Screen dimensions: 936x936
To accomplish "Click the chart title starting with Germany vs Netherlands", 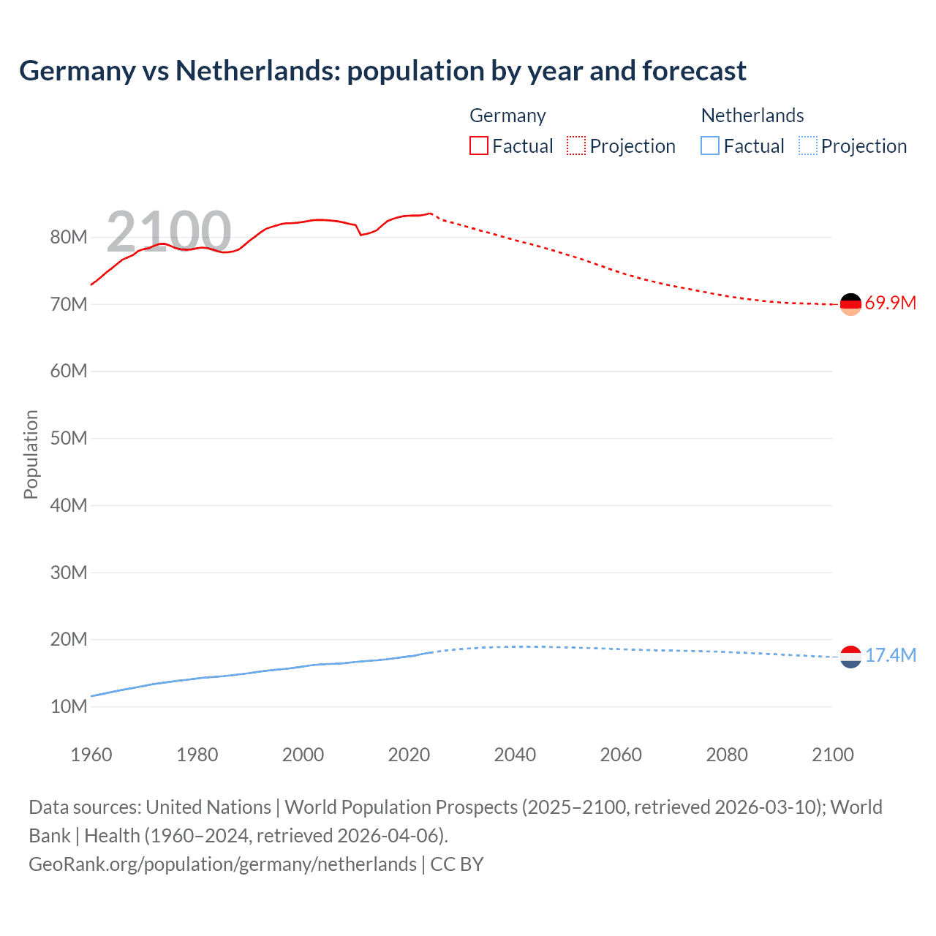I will tap(382, 71).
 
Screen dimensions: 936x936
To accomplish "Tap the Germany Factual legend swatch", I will tap(478, 146).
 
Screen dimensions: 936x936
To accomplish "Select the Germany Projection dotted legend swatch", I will tap(575, 146).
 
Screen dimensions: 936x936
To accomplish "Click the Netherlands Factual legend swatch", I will tap(709, 146).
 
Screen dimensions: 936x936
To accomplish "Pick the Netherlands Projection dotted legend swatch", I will tap(807, 146).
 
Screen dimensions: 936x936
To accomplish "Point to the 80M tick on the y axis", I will tap(69, 237).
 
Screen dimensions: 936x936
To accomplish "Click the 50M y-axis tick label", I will tap(69, 438).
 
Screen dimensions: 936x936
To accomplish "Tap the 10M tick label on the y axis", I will tap(69, 706).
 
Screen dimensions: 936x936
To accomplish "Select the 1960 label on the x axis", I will tap(91, 755).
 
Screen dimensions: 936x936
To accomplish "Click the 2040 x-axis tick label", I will tap(515, 755).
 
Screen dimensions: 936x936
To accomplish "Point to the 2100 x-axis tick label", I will tap(832, 755).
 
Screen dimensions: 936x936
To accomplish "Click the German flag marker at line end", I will tap(850, 304).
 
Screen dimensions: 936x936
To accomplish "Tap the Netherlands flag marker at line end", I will tap(850, 657).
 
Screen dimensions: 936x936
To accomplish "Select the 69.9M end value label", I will tap(890, 303).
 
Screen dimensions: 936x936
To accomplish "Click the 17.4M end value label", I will tap(890, 656).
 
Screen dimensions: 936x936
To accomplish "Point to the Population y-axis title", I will tap(31, 454).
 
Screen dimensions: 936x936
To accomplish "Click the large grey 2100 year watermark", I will tap(168, 232).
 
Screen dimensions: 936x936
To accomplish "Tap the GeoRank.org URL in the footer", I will tap(222, 864).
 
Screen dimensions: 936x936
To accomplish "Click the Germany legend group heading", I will tap(507, 116).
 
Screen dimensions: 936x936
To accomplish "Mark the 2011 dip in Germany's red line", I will tap(361, 235).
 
